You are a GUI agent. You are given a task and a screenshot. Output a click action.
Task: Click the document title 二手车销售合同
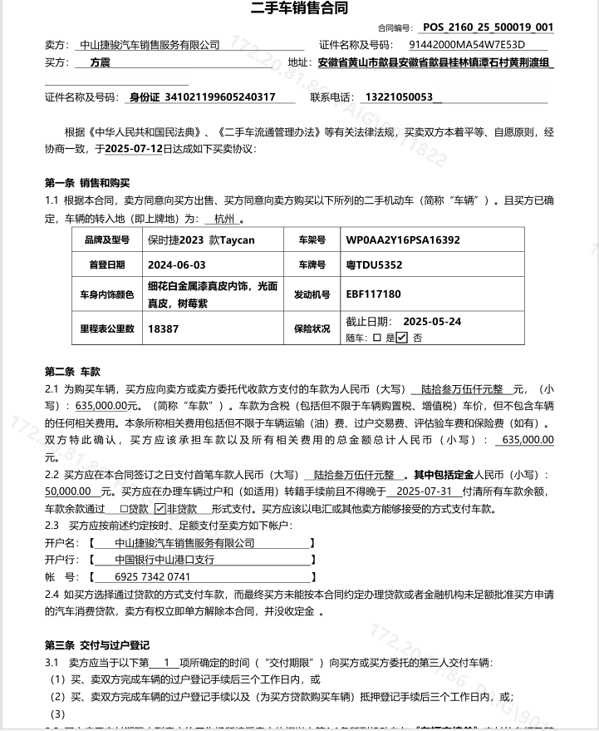(x=299, y=9)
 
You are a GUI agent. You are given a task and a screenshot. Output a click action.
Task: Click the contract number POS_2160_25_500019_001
(x=488, y=27)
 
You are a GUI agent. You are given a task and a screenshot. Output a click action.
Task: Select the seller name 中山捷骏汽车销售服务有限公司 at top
(x=150, y=45)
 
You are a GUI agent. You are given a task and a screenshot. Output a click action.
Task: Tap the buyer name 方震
(x=100, y=62)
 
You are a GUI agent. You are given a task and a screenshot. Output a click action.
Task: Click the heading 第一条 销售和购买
(x=87, y=183)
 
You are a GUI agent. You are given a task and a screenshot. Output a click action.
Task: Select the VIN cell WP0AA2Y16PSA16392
(x=403, y=240)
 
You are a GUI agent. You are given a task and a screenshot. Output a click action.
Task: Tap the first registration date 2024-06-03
(x=176, y=265)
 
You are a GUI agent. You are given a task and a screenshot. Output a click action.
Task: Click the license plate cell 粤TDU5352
(x=374, y=265)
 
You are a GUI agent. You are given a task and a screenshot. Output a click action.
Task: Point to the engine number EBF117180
(x=373, y=294)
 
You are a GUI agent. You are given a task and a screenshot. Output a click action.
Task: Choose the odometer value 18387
(x=164, y=328)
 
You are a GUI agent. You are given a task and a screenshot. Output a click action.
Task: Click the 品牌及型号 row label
(x=107, y=240)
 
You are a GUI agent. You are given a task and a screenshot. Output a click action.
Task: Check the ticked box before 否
(x=402, y=338)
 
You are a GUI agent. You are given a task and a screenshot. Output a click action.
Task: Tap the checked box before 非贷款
(x=160, y=508)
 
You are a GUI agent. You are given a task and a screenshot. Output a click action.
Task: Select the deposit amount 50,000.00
(x=67, y=491)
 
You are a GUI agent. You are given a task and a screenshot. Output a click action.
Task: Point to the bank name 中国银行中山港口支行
(x=164, y=560)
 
